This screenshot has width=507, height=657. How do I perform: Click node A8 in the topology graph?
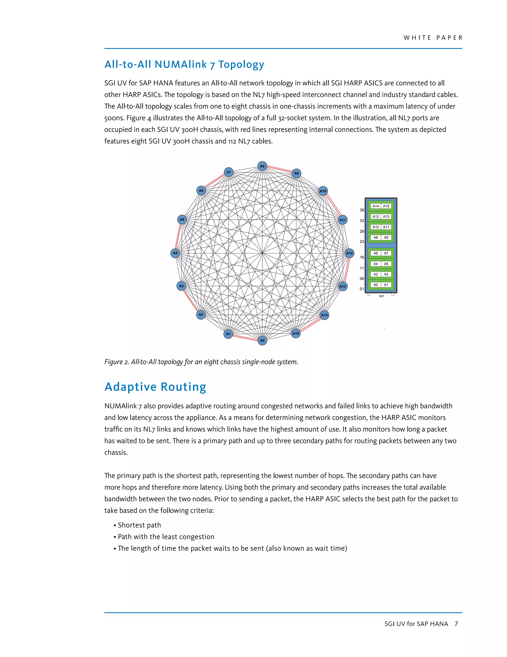[262, 166]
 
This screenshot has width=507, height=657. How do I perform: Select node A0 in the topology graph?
[262, 341]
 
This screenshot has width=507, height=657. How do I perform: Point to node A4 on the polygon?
[175, 253]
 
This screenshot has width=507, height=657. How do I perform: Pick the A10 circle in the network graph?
[323, 191]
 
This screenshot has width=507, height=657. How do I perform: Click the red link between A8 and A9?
[279, 169]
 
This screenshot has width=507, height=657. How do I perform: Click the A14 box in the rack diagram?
[376, 206]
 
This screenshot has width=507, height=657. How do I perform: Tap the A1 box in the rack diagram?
[386, 285]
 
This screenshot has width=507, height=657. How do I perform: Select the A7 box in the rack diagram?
[386, 253]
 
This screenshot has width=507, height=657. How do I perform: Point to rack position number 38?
[362, 210]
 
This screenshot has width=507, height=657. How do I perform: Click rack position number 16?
[362, 257]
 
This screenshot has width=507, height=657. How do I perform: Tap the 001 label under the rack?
[381, 296]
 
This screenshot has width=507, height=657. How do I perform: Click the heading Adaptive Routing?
[155, 387]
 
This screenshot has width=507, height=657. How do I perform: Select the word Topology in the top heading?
[241, 64]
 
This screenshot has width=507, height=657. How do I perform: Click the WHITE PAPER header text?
[433, 38]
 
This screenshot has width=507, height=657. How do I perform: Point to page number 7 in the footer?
[456, 624]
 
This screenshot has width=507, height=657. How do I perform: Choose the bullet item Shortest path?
[139, 525]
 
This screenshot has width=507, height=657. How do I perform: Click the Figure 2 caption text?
[201, 362]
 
